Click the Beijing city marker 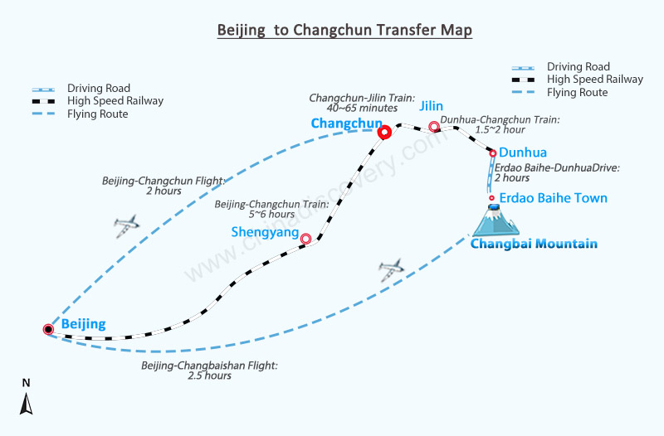49,329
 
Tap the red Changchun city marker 384,133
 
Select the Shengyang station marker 305,239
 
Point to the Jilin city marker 434,126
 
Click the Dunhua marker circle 493,153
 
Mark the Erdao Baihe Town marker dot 491,198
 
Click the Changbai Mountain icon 495,220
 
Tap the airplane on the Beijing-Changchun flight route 126,225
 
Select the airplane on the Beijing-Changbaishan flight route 391,269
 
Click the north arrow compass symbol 27,404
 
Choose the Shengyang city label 265,232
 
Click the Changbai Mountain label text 534,244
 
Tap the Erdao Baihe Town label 553,198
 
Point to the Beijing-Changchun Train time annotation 271,210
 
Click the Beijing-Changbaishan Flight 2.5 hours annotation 210,371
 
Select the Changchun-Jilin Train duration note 362,103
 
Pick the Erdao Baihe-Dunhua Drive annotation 557,172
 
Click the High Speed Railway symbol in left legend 44,101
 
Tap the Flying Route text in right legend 577,93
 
